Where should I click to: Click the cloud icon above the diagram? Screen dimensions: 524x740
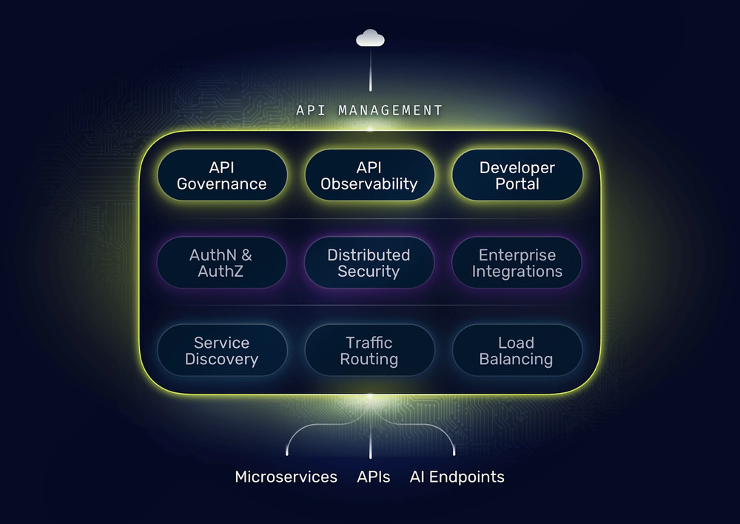[x=370, y=38]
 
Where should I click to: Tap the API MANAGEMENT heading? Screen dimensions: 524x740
[x=369, y=110]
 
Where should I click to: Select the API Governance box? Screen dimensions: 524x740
[x=222, y=175]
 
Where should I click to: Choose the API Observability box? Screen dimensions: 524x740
[x=369, y=175]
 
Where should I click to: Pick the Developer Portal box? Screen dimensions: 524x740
[x=517, y=175]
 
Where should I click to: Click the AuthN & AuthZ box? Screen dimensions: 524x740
[x=222, y=263]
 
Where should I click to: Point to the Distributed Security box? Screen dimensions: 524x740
[x=369, y=263]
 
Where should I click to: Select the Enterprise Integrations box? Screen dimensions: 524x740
[x=517, y=263]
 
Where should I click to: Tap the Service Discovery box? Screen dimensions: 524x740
[x=222, y=351]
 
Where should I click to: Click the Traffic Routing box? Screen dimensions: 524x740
[x=369, y=351]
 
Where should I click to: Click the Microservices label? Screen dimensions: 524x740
[x=286, y=477]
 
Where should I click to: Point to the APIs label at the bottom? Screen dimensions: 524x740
[x=374, y=477]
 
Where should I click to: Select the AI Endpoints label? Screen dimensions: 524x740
[x=457, y=477]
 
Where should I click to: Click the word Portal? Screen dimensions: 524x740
[x=517, y=184]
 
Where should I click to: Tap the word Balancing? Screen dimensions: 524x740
[x=516, y=360]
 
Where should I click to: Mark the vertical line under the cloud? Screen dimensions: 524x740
[x=370, y=74]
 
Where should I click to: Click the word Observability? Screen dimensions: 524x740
[x=369, y=184]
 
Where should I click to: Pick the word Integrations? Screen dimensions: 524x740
[x=517, y=272]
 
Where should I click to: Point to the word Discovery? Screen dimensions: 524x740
[x=222, y=360]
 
